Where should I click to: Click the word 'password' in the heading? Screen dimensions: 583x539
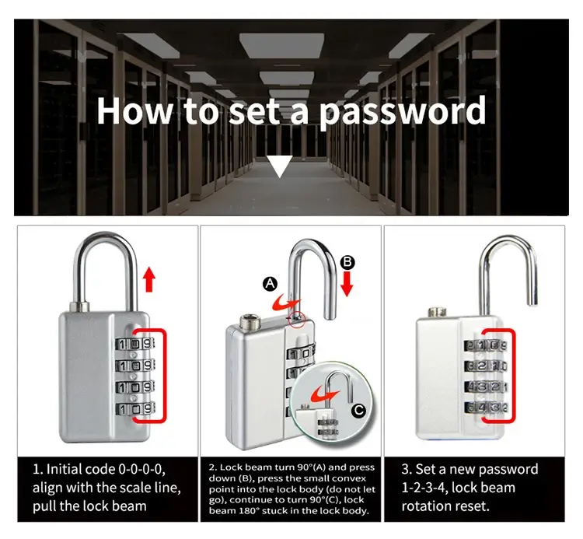click(x=403, y=111)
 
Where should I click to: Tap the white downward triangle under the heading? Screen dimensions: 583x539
click(x=280, y=165)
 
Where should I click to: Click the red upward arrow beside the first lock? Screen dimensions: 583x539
click(x=149, y=279)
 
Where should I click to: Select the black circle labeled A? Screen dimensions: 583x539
click(x=271, y=284)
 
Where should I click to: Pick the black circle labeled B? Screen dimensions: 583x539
click(x=347, y=263)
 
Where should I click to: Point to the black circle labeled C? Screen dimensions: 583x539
click(x=358, y=411)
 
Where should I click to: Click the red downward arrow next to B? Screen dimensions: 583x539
click(x=347, y=284)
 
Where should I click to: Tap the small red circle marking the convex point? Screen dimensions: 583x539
click(x=297, y=319)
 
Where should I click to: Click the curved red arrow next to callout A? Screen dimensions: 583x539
click(x=285, y=303)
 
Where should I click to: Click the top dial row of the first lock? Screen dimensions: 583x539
click(x=134, y=344)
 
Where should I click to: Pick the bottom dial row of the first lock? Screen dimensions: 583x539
click(x=134, y=409)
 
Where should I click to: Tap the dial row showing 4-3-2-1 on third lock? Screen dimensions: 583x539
click(x=485, y=387)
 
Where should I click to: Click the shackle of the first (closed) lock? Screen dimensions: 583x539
click(x=106, y=242)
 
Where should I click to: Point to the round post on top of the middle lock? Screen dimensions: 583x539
click(x=248, y=321)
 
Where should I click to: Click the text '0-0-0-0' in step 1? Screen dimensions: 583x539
click(x=141, y=469)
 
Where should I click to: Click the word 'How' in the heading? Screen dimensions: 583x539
click(x=134, y=111)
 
